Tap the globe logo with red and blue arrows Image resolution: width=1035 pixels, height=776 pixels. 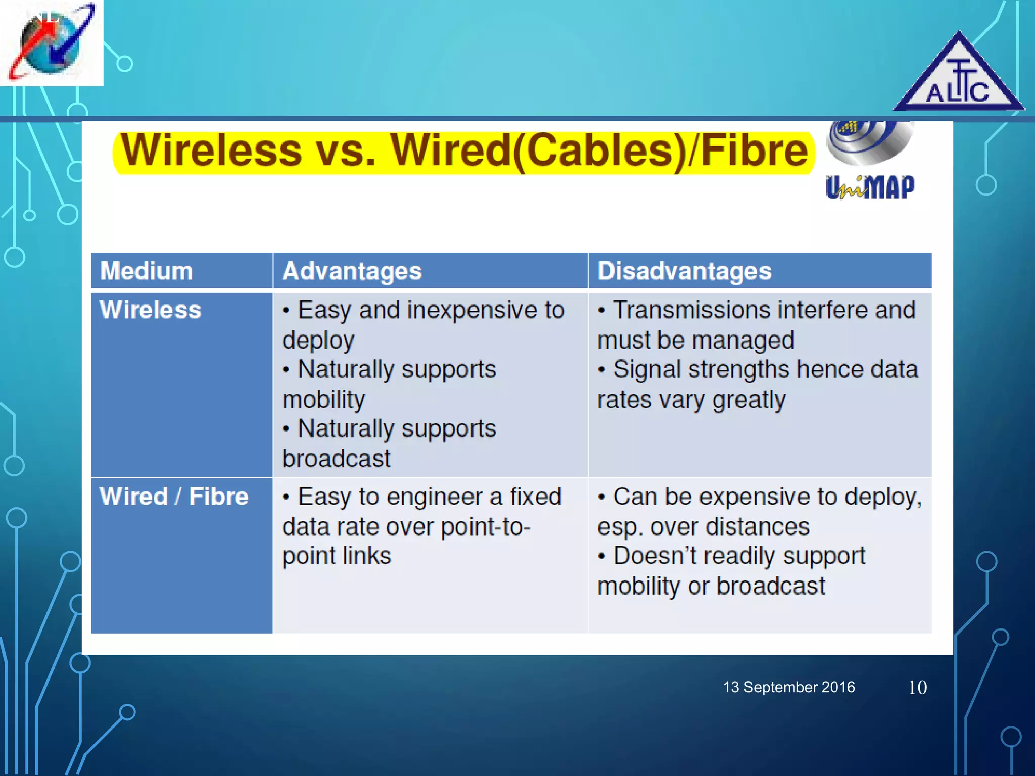pyautogui.click(x=51, y=43)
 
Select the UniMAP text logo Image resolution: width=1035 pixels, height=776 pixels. pyautogui.click(x=870, y=187)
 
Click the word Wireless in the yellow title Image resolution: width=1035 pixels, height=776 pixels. pyautogui.click(x=211, y=151)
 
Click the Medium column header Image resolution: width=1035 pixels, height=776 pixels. pyautogui.click(x=147, y=271)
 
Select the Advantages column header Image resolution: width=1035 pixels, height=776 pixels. pyautogui.click(x=352, y=271)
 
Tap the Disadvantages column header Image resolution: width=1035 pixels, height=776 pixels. pyautogui.click(x=684, y=271)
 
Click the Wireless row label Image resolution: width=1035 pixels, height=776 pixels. pyautogui.click(x=150, y=310)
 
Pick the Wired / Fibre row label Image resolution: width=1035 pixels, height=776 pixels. pyautogui.click(x=174, y=496)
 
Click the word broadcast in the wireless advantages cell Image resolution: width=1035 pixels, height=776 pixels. pyautogui.click(x=336, y=459)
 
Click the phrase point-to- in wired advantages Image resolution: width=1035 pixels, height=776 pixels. pyautogui.click(x=485, y=527)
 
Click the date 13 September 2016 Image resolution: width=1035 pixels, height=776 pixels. pyautogui.click(x=789, y=687)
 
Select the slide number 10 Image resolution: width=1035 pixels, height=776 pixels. pyautogui.click(x=917, y=688)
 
